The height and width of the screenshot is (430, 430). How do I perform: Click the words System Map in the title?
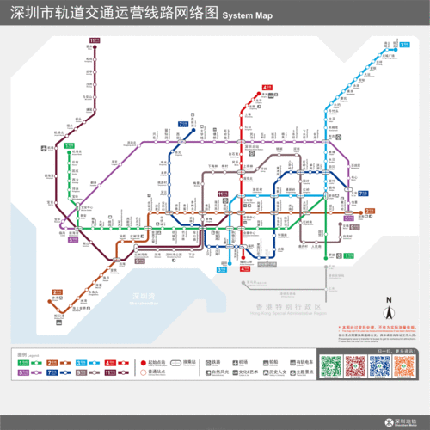tap(247, 16)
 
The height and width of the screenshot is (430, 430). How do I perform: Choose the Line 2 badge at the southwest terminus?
tap(57, 292)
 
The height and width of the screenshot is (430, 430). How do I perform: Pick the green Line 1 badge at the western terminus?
tap(69, 145)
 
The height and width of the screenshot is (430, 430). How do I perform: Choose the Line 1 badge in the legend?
tap(23, 363)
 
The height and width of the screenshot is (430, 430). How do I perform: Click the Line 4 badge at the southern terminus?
tap(245, 268)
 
